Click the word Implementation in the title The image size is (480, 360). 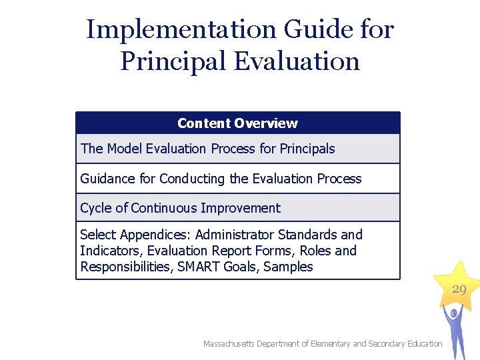point(180,30)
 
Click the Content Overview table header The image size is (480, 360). point(237,123)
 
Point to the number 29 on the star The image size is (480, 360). point(459,289)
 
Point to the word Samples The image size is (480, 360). point(288,267)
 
